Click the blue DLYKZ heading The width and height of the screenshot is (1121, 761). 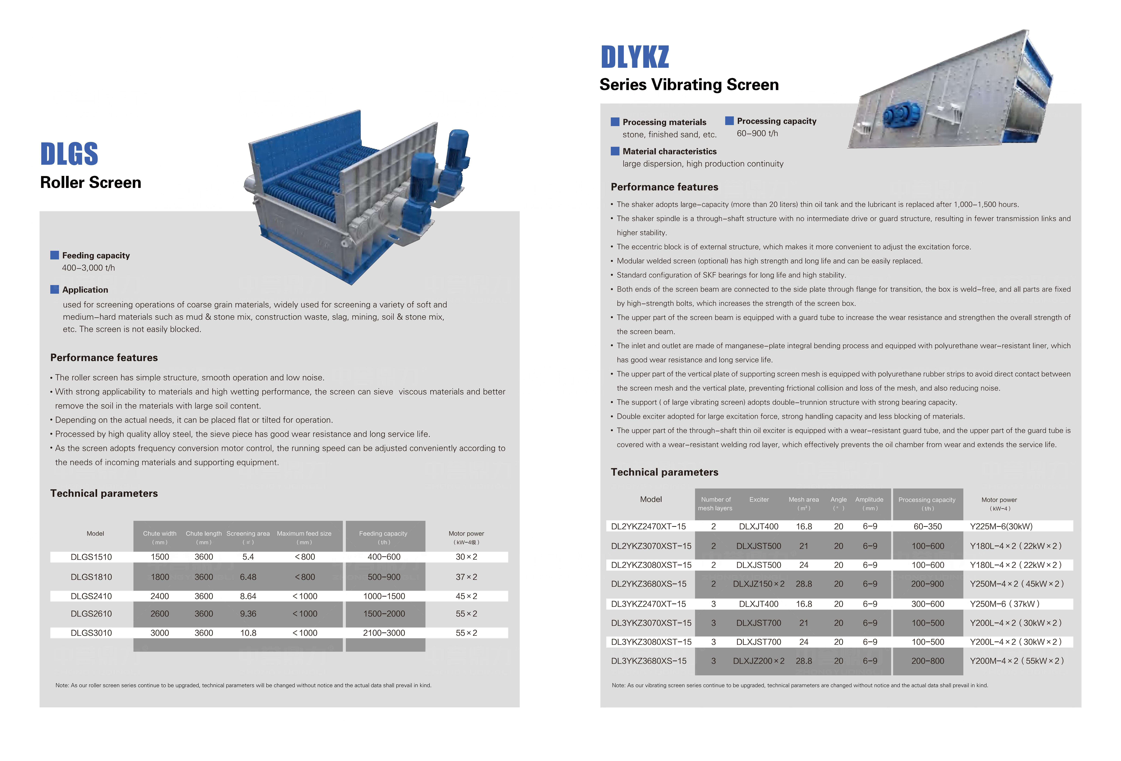635,57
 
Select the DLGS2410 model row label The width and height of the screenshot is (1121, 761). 91,596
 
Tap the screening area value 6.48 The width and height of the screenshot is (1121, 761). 248,577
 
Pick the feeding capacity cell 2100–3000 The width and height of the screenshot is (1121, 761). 384,633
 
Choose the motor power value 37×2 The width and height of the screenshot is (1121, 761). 466,577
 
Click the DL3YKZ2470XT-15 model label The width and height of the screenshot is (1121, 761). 648,604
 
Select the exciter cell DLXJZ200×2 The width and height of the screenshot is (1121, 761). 758,661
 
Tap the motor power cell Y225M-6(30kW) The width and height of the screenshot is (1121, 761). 1001,526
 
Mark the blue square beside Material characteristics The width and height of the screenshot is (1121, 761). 615,151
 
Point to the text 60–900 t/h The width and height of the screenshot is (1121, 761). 757,133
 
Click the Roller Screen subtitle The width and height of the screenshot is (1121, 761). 91,182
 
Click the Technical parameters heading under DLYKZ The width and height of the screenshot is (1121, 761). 664,472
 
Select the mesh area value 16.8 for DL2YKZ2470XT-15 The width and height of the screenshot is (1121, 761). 804,526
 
